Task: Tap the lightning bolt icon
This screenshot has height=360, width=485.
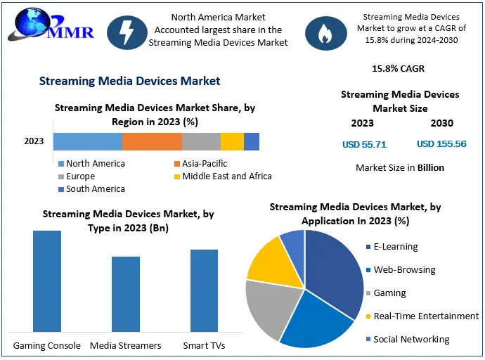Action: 127,32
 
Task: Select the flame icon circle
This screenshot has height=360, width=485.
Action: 324,32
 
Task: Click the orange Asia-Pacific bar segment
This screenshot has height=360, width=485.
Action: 152,141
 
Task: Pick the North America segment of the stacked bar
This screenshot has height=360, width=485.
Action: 88,141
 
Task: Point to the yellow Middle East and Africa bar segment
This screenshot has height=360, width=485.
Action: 232,141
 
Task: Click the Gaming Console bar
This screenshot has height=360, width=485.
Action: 47,281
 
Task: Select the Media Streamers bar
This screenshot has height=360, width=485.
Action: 126,294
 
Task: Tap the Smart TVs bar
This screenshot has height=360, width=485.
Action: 204,290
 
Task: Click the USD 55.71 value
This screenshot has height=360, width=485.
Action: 364,144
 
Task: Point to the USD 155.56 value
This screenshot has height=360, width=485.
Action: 441,144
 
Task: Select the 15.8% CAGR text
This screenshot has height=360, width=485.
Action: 398,69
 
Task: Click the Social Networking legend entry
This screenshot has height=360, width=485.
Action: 411,340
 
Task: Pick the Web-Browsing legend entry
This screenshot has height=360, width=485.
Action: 404,270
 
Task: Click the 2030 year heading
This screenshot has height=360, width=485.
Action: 442,123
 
